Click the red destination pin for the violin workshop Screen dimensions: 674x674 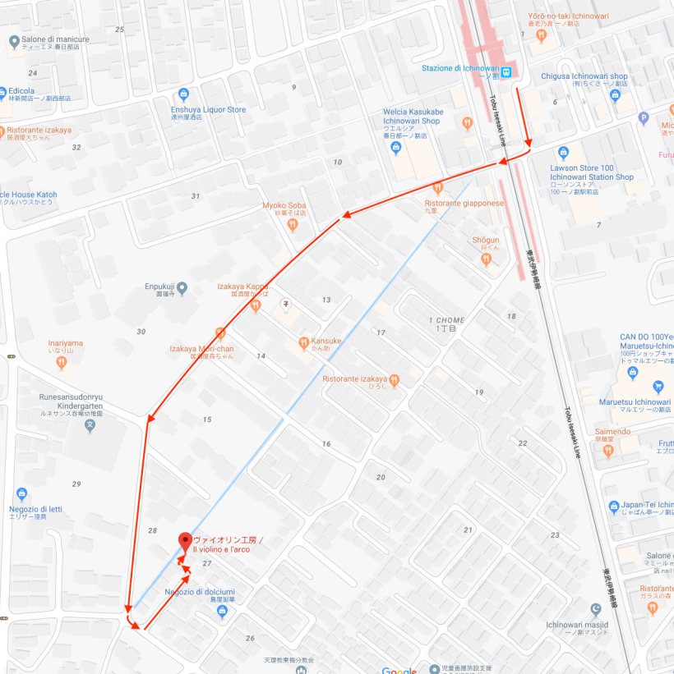click(x=184, y=540)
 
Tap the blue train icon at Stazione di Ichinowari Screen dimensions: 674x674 click(x=507, y=71)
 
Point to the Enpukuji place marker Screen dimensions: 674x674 click(x=182, y=288)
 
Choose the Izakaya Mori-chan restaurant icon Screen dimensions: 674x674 click(x=219, y=333)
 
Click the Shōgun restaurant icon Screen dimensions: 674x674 click(x=486, y=259)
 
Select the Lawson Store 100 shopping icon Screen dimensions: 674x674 click(x=563, y=152)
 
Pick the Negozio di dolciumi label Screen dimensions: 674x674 click(x=200, y=592)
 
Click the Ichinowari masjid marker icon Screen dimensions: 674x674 click(x=596, y=609)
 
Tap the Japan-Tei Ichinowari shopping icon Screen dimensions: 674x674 click(x=613, y=507)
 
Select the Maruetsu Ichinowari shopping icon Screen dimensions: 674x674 click(x=633, y=374)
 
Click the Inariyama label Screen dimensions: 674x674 click(x=65, y=343)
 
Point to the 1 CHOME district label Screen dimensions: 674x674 click(x=446, y=319)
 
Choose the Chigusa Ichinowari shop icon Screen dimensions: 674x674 click(x=615, y=95)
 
